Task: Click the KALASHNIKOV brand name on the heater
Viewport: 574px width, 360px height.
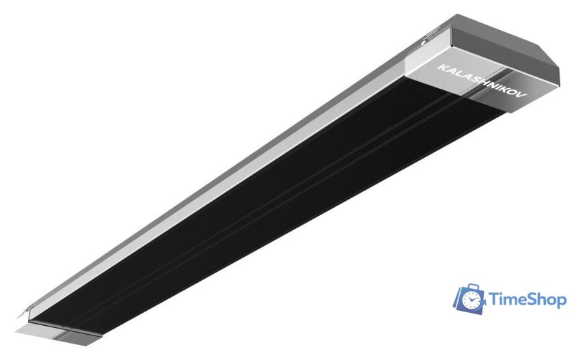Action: coord(482,81)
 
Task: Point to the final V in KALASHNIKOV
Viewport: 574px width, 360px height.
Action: coord(523,95)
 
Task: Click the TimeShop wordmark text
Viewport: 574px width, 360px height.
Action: coord(528,300)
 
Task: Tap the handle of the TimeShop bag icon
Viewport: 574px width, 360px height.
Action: coord(474,286)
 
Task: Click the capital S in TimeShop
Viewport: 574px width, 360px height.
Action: coord(528,299)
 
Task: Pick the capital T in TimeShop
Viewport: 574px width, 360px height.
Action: coord(494,299)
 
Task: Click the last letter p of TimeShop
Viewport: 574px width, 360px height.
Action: coord(561,303)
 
